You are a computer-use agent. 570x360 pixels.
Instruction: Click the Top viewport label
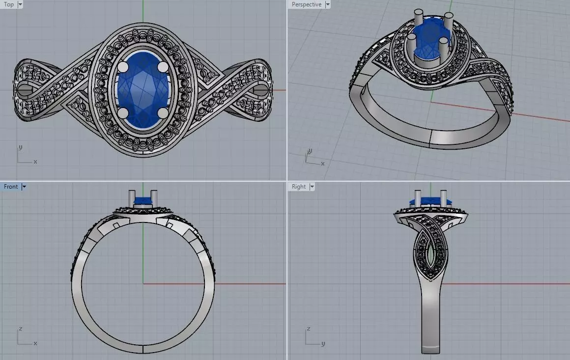(9, 4)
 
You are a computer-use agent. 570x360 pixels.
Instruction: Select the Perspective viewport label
(306, 4)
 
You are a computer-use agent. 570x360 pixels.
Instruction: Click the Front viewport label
(11, 187)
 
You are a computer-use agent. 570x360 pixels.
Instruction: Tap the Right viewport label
(298, 187)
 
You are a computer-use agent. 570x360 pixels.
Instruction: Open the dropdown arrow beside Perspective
(327, 4)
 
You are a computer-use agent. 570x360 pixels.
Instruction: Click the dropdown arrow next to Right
(312, 187)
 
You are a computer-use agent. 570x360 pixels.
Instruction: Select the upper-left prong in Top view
(123, 66)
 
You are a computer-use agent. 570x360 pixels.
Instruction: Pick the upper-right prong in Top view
(163, 66)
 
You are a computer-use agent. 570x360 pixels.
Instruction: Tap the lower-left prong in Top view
(123, 112)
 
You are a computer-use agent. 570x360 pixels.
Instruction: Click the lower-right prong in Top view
(163, 112)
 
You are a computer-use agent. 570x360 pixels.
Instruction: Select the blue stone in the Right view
(429, 201)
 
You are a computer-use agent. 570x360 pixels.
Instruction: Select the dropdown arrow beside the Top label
(20, 4)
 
